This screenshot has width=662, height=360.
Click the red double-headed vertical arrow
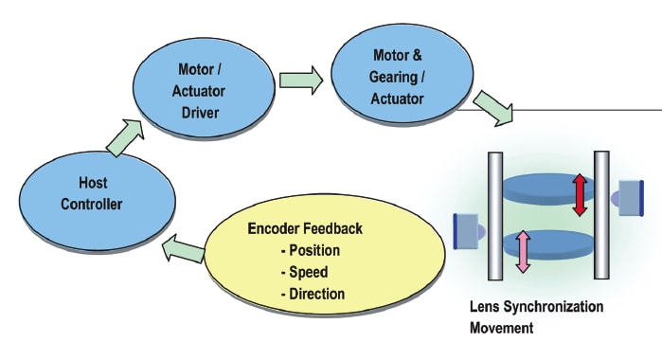pos(580,194)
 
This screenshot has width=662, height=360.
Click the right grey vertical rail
pos(600,215)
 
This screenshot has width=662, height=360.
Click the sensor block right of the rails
pos(629,196)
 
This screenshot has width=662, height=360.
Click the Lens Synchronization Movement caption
pos(535,317)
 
